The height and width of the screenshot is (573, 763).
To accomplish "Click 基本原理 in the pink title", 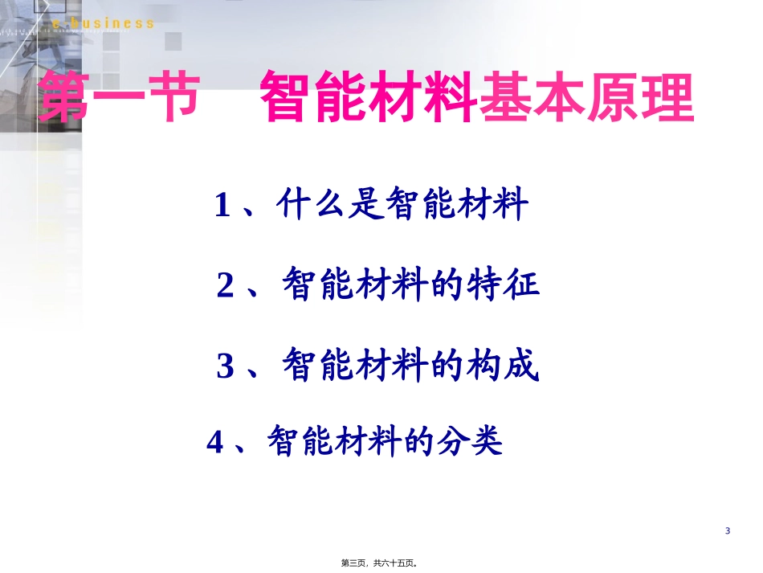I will (586, 99).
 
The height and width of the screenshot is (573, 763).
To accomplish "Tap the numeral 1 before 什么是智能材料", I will (222, 207).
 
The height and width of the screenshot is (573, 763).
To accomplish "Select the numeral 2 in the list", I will (226, 287).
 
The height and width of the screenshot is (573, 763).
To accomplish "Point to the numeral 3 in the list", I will (226, 367).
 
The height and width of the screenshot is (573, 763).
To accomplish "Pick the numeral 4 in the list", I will (214, 443).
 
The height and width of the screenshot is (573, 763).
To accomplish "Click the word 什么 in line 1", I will (310, 206).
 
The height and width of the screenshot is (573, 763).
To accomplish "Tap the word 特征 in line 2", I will (504, 285).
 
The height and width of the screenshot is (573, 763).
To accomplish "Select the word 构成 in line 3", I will (502, 366).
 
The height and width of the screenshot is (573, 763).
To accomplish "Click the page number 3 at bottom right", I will (728, 531).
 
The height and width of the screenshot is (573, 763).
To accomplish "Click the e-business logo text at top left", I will (102, 23).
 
